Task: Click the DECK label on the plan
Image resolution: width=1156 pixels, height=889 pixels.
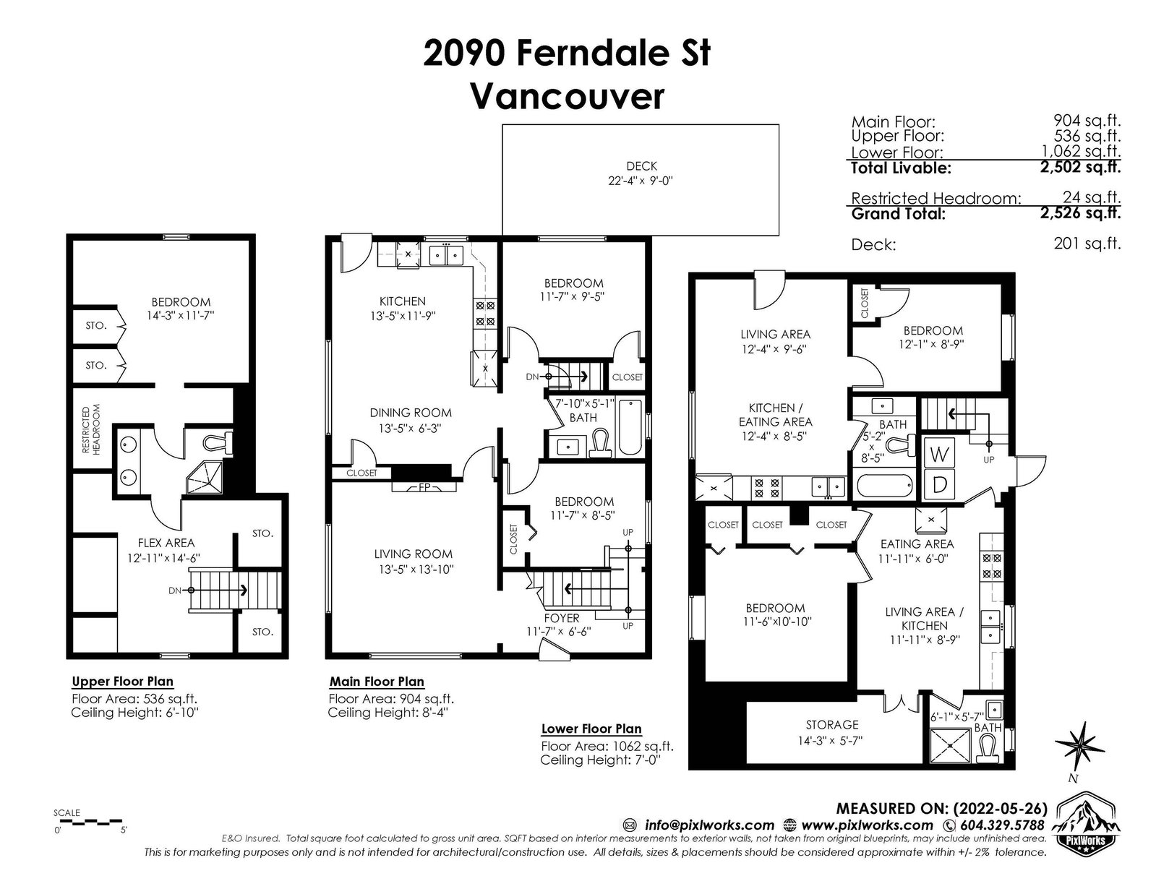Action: coord(641,166)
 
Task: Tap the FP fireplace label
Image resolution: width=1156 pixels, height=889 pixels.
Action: coord(424,486)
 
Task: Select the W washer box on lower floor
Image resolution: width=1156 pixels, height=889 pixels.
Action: coord(940,454)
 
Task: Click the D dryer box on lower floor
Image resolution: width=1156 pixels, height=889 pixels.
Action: coord(940,484)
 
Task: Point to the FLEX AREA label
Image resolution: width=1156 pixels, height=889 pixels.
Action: coord(166,543)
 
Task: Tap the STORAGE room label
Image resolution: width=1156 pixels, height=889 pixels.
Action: coord(832,725)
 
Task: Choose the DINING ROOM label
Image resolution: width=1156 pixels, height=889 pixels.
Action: coord(411,413)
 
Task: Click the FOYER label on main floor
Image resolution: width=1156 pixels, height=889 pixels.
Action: coord(561,618)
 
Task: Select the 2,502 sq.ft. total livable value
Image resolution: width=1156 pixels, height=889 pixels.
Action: coord(1081,167)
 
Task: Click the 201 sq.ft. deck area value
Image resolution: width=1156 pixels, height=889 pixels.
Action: coord(1087,244)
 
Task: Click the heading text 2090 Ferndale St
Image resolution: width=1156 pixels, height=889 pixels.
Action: coord(567,54)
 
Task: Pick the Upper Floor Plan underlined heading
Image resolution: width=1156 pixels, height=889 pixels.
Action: coord(122,682)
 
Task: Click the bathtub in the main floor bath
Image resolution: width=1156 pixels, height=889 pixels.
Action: coord(630,427)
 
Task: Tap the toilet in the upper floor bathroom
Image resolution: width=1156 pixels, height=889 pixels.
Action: coord(219,442)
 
